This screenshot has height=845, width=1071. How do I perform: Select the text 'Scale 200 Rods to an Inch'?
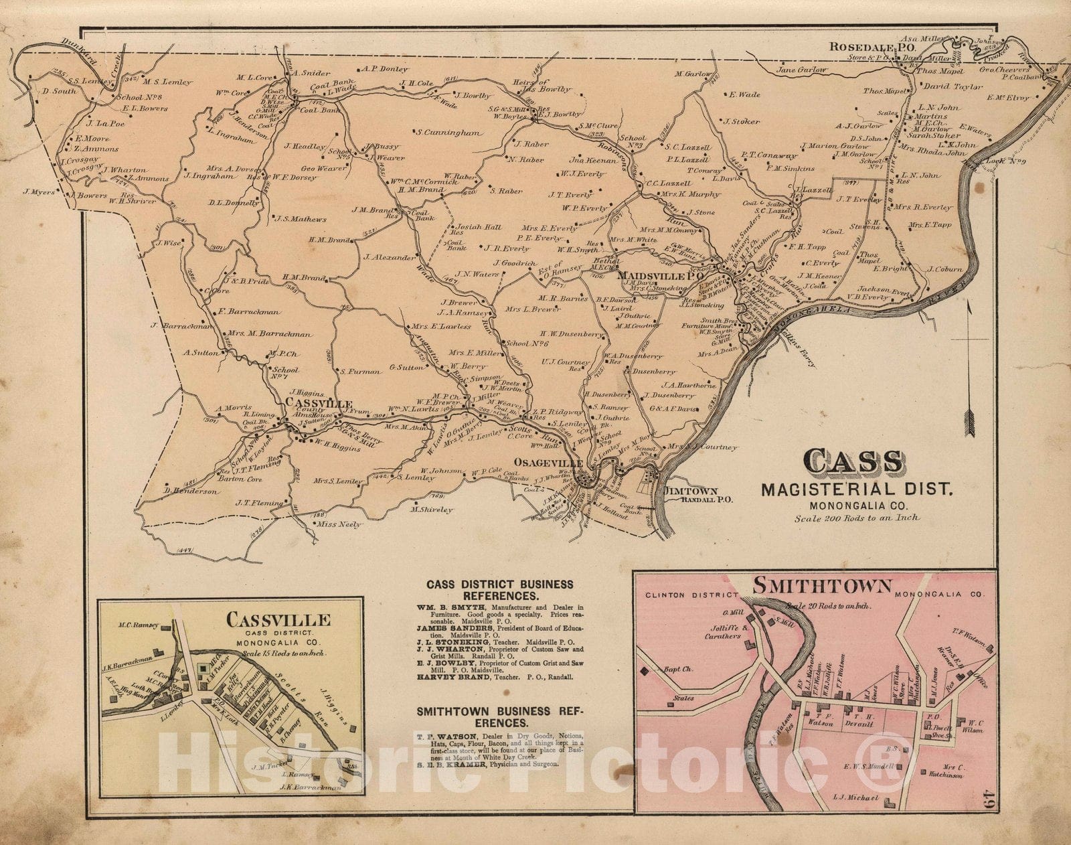click(x=857, y=517)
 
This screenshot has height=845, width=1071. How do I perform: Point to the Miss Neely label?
click(x=339, y=524)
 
